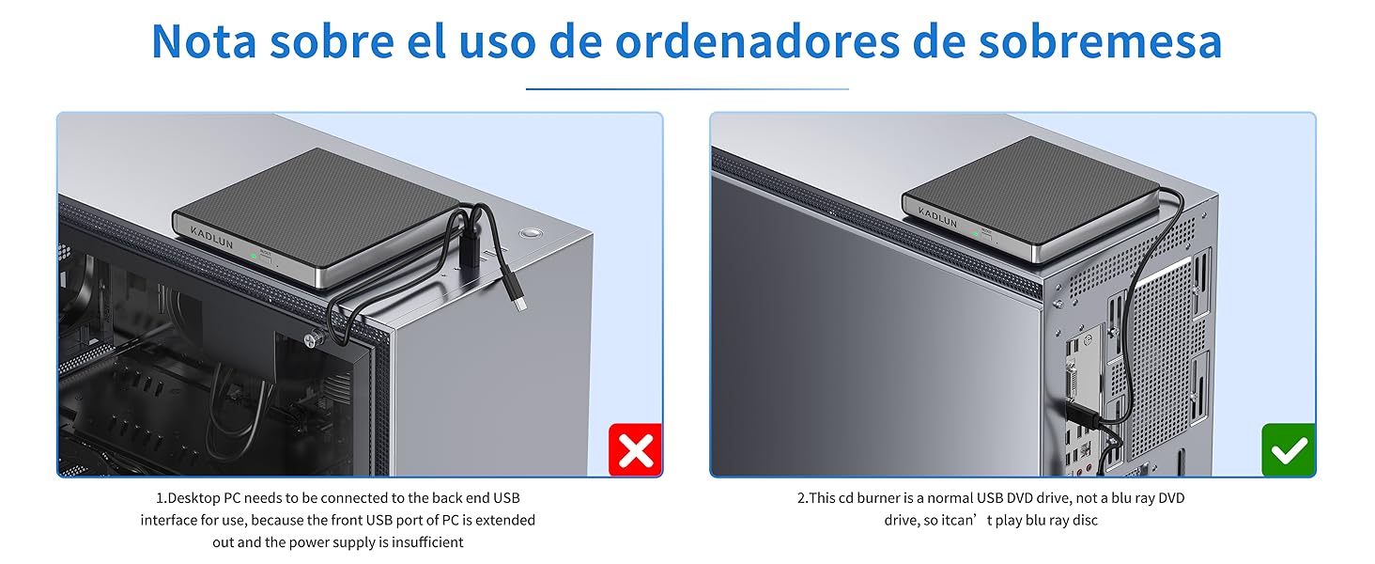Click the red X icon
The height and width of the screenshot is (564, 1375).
[x=636, y=450]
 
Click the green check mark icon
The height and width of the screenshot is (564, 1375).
[x=1289, y=450]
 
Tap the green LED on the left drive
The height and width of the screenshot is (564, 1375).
[x=253, y=255]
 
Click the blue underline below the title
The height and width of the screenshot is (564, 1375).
[x=687, y=89]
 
